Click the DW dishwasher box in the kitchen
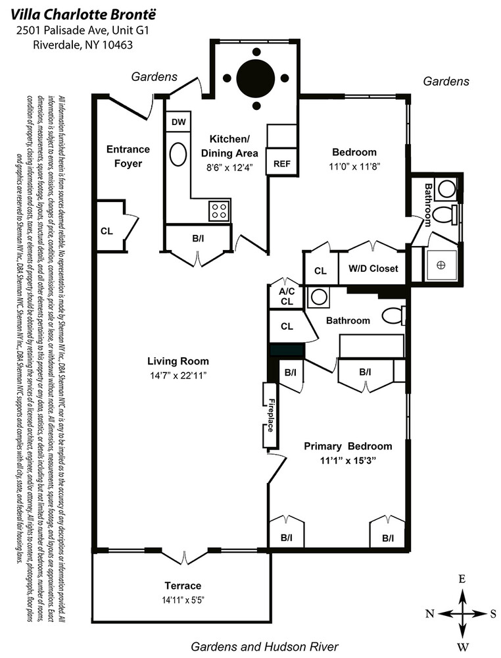[178, 122]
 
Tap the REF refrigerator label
[281, 164]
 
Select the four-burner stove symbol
[219, 211]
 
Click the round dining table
[256, 78]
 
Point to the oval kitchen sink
[178, 155]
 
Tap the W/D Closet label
[373, 270]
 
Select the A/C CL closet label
[286, 297]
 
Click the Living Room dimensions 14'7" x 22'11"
[178, 376]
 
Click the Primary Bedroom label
[347, 445]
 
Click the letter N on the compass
[429, 613]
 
